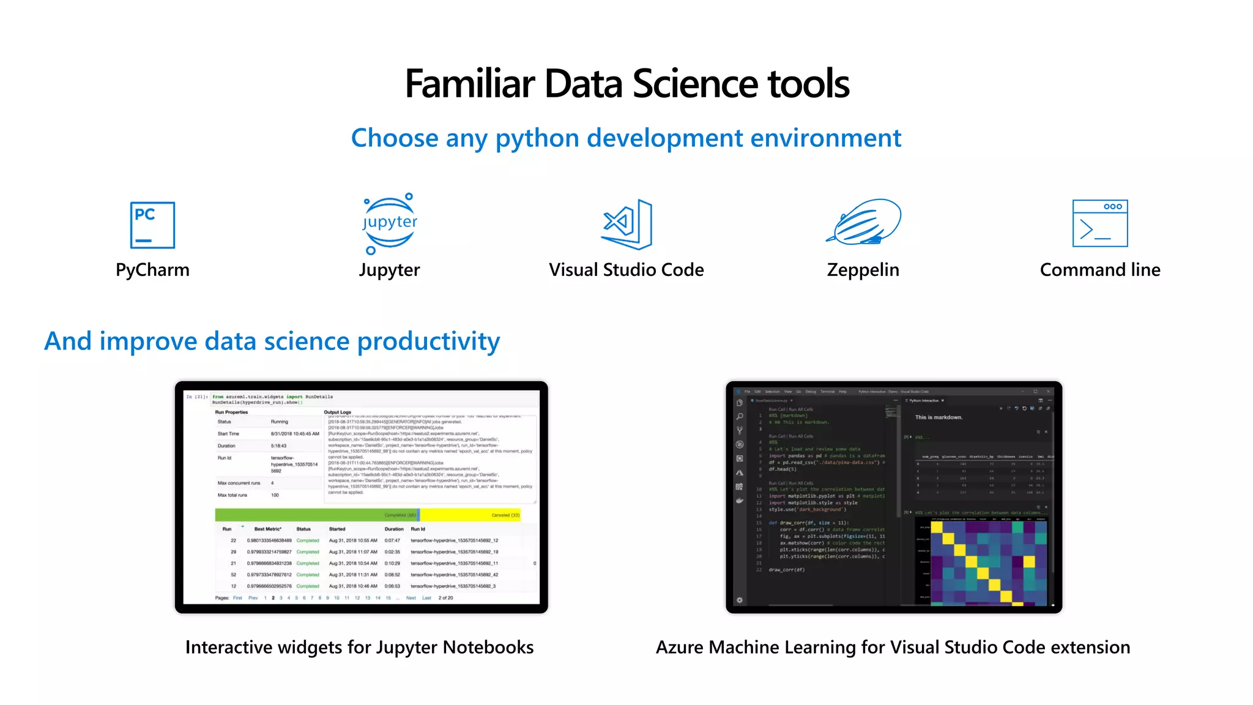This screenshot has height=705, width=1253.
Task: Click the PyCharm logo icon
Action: coord(152,225)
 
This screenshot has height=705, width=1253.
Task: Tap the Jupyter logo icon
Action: coord(390,223)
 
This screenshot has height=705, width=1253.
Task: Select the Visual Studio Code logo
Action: coord(627,224)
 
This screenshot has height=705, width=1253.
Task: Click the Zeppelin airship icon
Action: coord(864,222)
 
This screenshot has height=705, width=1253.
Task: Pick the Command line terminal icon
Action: coord(1099,223)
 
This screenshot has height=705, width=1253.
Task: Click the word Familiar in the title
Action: coord(470,84)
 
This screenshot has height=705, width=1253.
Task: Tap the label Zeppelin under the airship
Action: coord(863,270)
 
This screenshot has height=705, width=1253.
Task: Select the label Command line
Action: coord(1099,270)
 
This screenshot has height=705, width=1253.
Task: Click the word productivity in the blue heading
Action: coord(428,341)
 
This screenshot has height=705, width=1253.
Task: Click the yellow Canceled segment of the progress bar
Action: coord(470,515)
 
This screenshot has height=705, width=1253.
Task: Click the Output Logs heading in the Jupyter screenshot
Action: coord(337,412)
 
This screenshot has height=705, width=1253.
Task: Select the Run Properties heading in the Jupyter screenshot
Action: coord(231,412)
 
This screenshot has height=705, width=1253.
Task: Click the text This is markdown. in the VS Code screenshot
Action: coord(939,417)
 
